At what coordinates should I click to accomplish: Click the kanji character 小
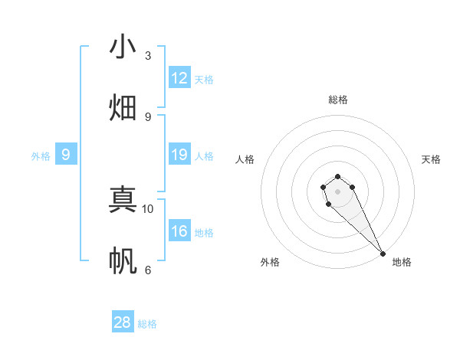123,47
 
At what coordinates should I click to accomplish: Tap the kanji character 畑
123,107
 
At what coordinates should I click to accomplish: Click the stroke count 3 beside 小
148,55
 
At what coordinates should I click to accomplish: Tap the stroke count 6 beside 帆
148,270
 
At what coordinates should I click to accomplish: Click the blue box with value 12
179,78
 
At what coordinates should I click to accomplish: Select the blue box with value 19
179,155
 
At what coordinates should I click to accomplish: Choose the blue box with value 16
179,231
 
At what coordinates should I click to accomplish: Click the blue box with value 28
123,322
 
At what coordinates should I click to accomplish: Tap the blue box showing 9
66,155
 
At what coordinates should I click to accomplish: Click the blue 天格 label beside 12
204,80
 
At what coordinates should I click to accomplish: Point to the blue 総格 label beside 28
147,324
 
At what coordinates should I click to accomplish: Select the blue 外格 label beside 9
41,156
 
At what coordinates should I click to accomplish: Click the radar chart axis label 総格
338,100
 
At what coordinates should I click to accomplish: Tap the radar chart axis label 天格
432,159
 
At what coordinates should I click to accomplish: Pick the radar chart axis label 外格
270,262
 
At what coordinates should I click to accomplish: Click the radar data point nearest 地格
383,254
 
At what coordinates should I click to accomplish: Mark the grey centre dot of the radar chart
338,191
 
